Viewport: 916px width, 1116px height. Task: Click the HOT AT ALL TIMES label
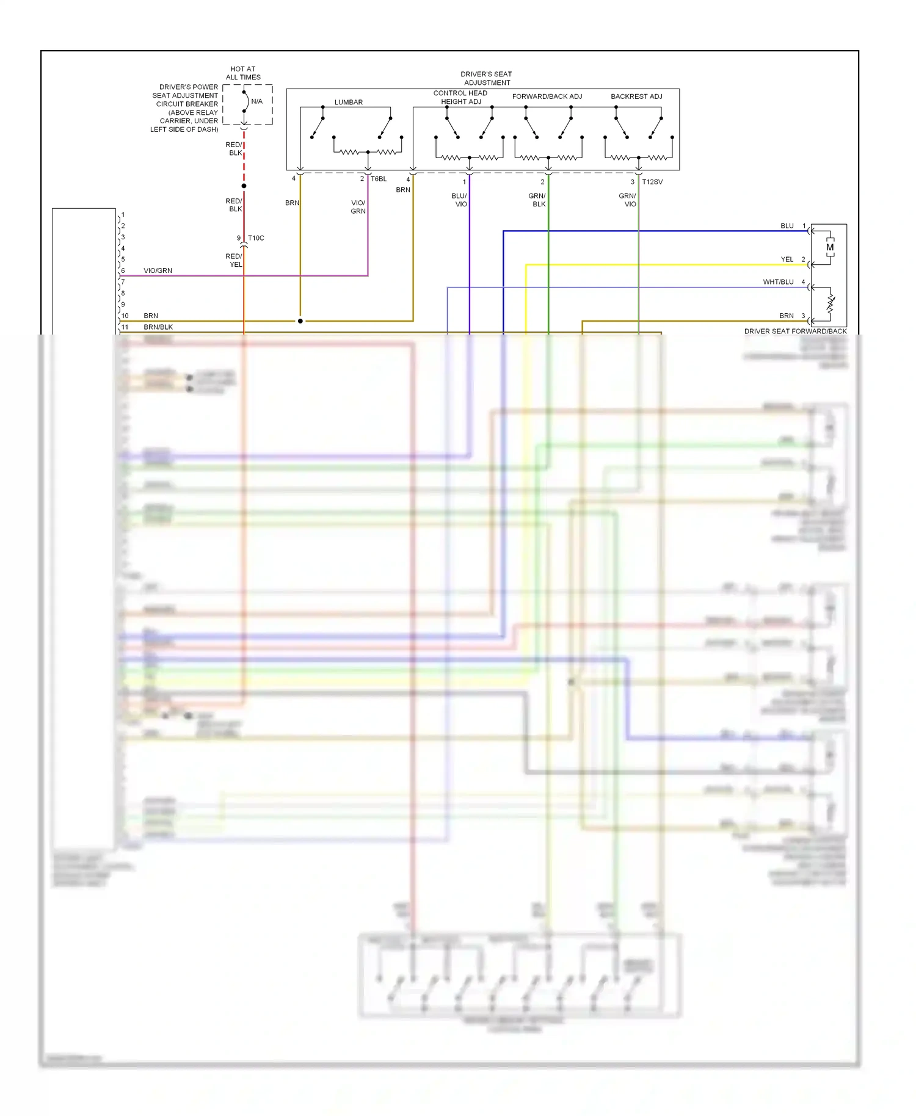(243, 73)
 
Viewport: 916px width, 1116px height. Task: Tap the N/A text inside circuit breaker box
(256, 101)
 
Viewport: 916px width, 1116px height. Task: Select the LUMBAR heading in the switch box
(348, 102)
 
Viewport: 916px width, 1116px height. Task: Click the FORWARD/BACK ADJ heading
(547, 96)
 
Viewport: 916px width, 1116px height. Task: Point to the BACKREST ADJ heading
(636, 96)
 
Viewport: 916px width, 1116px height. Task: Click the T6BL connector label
(379, 179)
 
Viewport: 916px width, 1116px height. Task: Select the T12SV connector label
(652, 182)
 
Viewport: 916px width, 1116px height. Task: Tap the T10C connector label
(256, 238)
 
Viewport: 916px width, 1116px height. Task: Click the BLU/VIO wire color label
(460, 200)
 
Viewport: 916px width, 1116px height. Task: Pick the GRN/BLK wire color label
(537, 200)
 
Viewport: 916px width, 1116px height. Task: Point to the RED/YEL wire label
(234, 261)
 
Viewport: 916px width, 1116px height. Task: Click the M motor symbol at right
(829, 247)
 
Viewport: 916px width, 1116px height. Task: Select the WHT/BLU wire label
(778, 282)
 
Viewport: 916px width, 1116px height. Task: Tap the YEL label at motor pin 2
(787, 259)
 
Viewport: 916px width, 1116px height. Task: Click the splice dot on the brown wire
(300, 321)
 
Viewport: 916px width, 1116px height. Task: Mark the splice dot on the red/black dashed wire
(244, 186)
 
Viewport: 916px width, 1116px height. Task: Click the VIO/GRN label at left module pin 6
(158, 270)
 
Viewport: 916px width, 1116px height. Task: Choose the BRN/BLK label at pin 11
(158, 327)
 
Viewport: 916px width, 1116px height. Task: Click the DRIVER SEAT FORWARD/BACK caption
(795, 332)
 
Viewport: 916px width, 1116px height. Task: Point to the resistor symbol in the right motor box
(830, 302)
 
